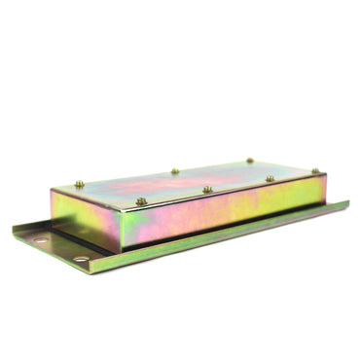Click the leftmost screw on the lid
79,184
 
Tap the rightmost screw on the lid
315,171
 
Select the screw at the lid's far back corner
250,161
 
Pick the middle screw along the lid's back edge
175,171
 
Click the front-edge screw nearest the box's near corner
141,201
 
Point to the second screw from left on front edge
207,189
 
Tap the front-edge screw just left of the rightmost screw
270,178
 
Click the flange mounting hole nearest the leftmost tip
40,238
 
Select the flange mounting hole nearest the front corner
81,259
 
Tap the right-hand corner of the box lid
325,175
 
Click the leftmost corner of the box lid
53,191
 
